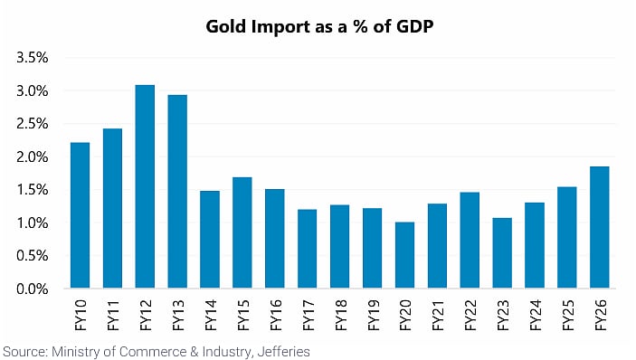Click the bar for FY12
[x=145, y=186]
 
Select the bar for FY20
[x=404, y=255]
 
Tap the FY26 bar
[x=600, y=227]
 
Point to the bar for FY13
[x=177, y=192]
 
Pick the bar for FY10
[x=80, y=215]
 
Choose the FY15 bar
[x=242, y=232]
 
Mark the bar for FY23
[x=502, y=253]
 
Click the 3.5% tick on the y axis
[x=33, y=58]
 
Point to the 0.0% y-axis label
[x=33, y=289]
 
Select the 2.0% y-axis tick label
[x=33, y=156]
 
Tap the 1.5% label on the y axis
[x=33, y=190]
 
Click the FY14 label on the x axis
[x=211, y=315]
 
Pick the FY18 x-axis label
[x=340, y=315]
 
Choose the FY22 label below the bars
[x=470, y=315]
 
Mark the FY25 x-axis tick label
[x=567, y=315]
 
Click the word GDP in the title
[x=415, y=26]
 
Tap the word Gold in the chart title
[x=226, y=26]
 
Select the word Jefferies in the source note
[x=283, y=352]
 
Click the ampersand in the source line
[x=193, y=352]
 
